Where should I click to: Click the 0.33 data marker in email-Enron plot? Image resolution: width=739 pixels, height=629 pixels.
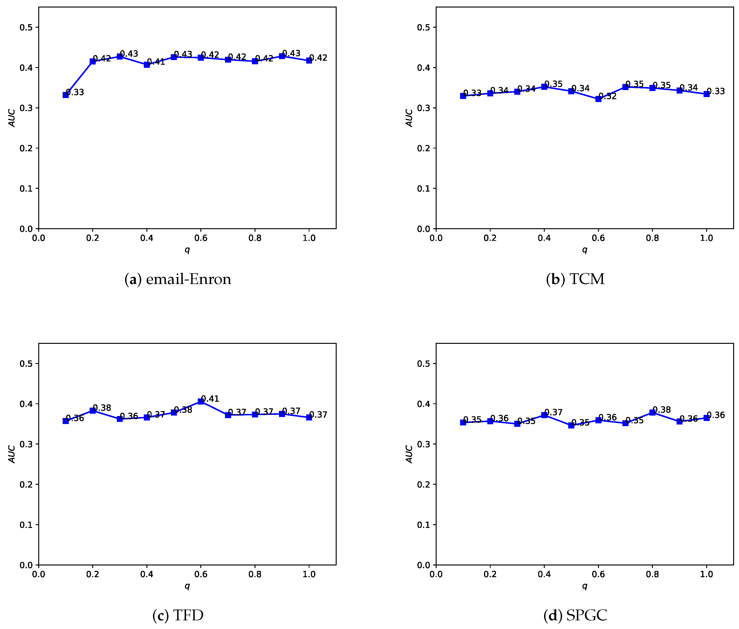pyautogui.click(x=66, y=95)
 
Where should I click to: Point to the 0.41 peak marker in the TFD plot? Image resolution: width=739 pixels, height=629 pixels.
pyautogui.click(x=201, y=402)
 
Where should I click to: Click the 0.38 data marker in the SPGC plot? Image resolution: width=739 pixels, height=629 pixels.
pyautogui.click(x=652, y=413)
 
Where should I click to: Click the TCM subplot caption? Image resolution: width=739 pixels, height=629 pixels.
pyautogui.click(x=575, y=279)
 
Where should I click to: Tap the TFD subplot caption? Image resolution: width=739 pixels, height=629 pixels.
pyautogui.click(x=178, y=615)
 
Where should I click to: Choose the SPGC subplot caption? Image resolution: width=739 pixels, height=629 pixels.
pyautogui.click(x=575, y=615)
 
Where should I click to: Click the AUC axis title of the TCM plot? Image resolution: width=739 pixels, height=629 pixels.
pyautogui.click(x=409, y=118)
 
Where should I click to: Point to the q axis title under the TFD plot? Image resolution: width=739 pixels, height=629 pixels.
pyautogui.click(x=187, y=586)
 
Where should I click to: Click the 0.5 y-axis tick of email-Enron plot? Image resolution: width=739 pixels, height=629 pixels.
pyautogui.click(x=26, y=27)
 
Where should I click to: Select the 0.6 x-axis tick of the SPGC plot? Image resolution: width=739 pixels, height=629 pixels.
pyautogui.click(x=598, y=574)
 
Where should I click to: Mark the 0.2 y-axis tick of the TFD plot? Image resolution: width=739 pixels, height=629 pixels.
pyautogui.click(x=26, y=484)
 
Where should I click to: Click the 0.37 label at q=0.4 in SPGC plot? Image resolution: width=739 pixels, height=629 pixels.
pyautogui.click(x=553, y=413)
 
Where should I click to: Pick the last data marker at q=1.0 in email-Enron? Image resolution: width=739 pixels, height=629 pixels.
pyautogui.click(x=309, y=61)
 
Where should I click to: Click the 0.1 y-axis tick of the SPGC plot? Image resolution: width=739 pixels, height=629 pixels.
pyautogui.click(x=423, y=525)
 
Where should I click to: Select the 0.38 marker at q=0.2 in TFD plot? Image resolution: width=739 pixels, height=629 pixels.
pyautogui.click(x=93, y=410)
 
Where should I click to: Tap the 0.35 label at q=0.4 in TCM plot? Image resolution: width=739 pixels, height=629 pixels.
pyautogui.click(x=553, y=84)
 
